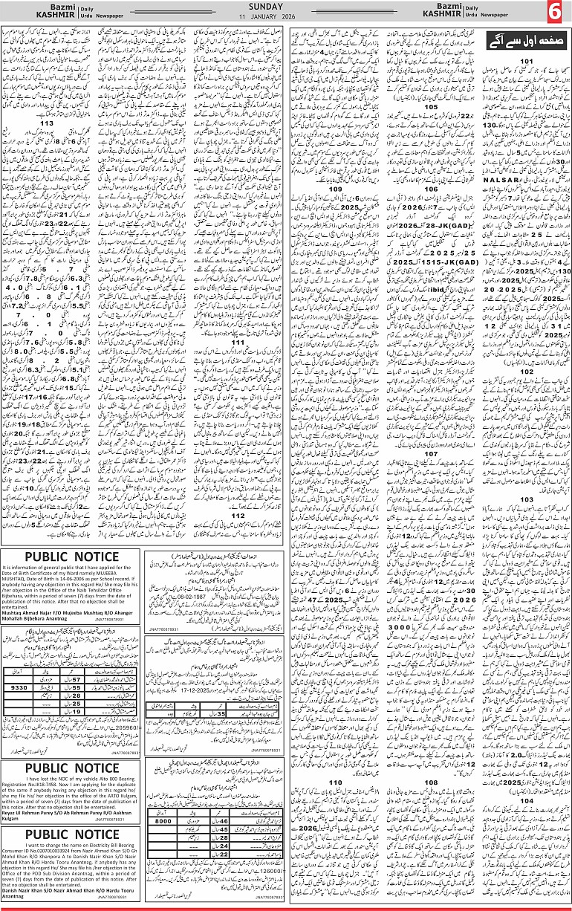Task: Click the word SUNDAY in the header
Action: [x=285, y=6]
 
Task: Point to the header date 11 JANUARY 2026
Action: [x=285, y=16]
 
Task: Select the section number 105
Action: [x=431, y=107]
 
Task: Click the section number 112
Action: [x=238, y=515]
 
